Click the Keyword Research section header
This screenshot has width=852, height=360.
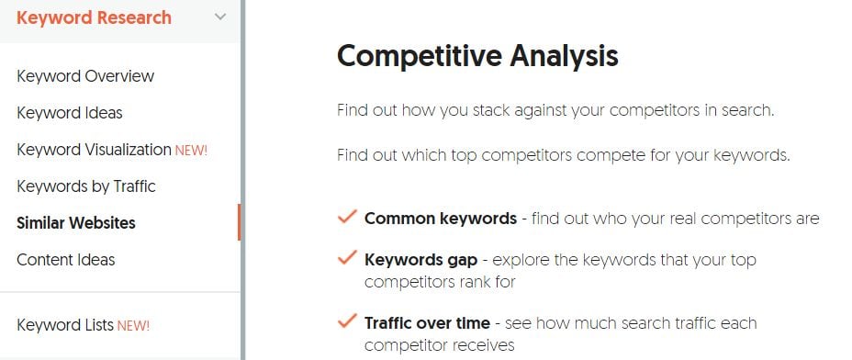94,17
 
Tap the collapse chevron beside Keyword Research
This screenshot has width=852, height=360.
219,17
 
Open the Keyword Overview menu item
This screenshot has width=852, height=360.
85,76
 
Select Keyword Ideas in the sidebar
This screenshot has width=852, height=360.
70,113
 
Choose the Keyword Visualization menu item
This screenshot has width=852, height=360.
94,150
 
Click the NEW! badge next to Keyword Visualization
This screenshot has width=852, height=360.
192,151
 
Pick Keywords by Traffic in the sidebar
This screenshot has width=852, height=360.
86,186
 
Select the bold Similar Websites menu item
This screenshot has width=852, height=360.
76,223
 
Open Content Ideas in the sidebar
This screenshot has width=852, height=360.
66,260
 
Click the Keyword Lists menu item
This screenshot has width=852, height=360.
65,324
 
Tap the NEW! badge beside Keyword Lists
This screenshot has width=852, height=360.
133,325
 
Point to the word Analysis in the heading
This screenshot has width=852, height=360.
561,56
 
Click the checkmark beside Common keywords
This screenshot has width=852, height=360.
347,218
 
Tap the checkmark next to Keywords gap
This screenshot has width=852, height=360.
347,259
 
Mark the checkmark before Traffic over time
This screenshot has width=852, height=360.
347,321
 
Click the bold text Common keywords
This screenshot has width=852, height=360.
441,219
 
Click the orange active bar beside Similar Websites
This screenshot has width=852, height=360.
239,223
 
